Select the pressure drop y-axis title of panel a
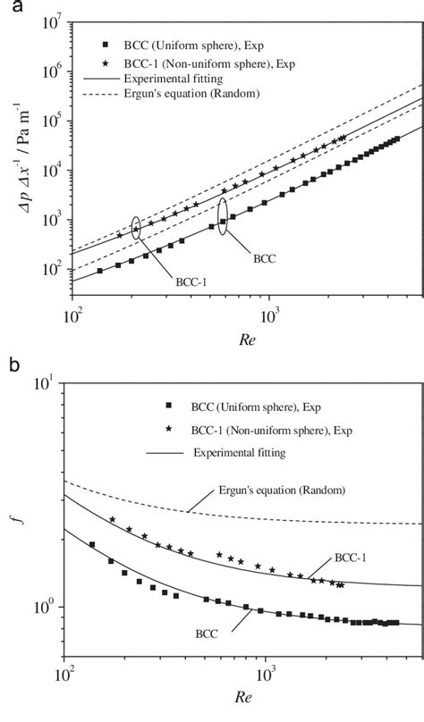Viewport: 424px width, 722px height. point(15,170)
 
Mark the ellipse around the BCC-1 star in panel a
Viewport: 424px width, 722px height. point(136,228)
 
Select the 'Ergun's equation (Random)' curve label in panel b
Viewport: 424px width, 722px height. point(273,491)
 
